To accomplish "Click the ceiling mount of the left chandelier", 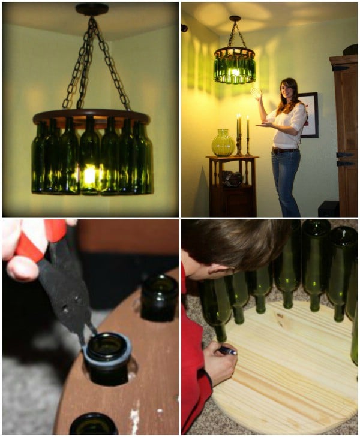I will pos(91,10).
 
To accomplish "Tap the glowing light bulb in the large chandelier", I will pos(90,176).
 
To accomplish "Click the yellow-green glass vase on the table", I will pos(223,143).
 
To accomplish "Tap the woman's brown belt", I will pos(285,150).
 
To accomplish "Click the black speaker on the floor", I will pos(328,208).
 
